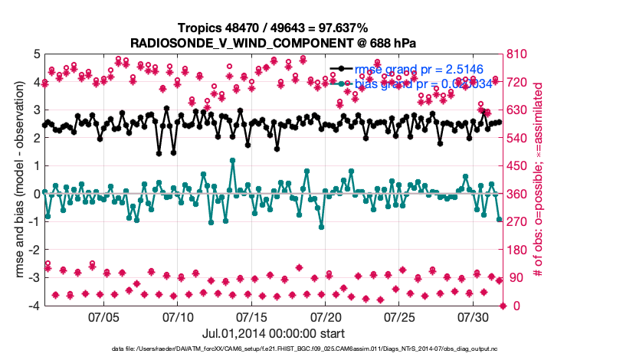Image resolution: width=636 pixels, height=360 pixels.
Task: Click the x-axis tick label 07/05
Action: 103,316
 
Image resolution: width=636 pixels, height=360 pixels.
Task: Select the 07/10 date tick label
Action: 177,316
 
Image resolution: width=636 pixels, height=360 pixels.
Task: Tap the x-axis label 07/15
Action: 251,316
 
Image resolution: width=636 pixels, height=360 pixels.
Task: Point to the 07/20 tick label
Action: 325,316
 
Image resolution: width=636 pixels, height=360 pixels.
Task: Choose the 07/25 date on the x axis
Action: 398,316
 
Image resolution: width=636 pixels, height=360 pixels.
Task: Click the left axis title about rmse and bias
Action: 15,179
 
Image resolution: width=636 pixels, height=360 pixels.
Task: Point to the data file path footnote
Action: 314,349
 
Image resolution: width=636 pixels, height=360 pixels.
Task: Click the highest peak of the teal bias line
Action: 231,160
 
